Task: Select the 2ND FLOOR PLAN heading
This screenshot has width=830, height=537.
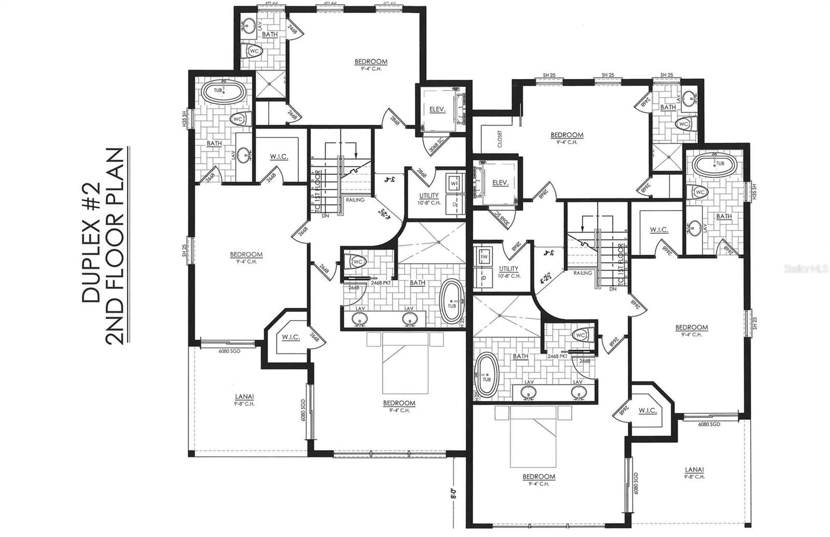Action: click(x=114, y=246)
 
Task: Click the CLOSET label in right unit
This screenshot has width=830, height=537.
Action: click(x=500, y=139)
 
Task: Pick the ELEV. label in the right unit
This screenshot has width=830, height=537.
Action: click(x=500, y=183)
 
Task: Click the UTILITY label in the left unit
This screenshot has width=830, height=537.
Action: click(x=429, y=196)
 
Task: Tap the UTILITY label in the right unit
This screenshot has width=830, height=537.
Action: click(x=508, y=269)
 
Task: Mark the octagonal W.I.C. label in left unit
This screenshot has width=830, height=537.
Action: click(x=291, y=337)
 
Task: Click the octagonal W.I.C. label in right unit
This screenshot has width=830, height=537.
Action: click(x=647, y=410)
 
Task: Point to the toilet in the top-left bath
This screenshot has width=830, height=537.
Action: click(x=254, y=51)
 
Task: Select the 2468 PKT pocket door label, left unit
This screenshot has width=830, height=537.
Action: click(x=381, y=283)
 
